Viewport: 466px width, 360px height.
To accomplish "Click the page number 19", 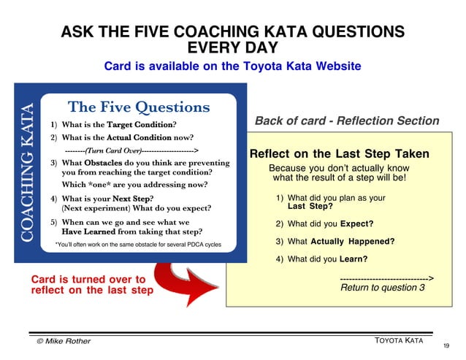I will coord(446,345).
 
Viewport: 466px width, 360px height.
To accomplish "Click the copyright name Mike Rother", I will coord(64,341).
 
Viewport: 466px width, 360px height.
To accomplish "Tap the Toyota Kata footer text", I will coord(400,340).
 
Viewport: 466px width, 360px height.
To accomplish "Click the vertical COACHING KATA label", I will coord(27,172).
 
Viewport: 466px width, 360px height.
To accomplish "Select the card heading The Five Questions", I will coord(139,107).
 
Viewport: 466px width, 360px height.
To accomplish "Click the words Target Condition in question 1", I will coord(138,124).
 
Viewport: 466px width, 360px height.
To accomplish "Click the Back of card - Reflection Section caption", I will coord(347,121).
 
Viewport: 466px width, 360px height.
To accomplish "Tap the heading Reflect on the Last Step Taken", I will coord(339,154).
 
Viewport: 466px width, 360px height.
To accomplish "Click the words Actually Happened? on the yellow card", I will coord(352,241).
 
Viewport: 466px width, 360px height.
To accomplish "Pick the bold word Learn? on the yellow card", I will coord(354,258).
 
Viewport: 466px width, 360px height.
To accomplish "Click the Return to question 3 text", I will coord(383,288).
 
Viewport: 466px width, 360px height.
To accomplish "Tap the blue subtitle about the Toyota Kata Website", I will coord(232,66).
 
